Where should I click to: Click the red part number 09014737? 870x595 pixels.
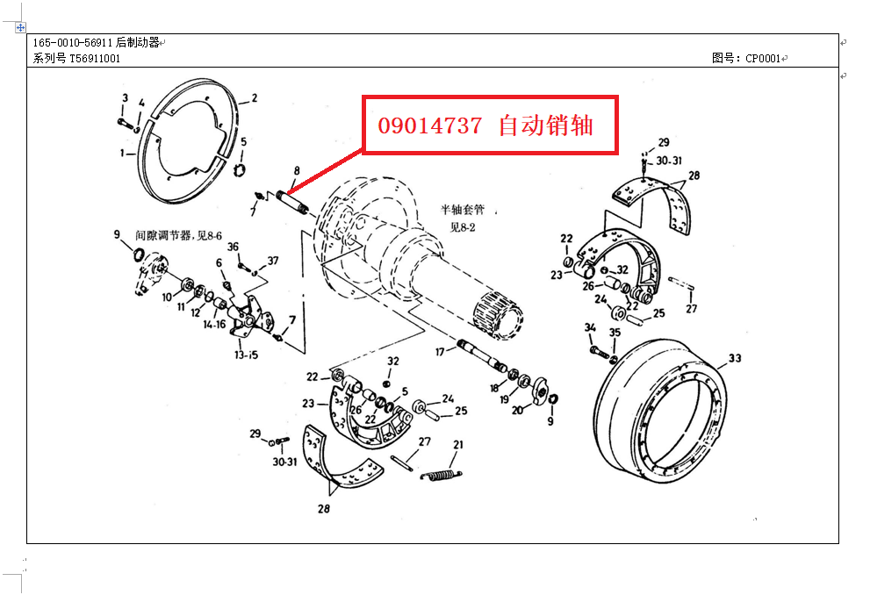click(x=430, y=126)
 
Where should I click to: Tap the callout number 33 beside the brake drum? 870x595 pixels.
click(x=735, y=358)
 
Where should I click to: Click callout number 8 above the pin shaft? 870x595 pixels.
click(x=297, y=170)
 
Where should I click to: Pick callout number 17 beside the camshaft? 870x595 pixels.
click(x=439, y=352)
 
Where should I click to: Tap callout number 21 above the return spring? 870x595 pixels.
click(x=457, y=445)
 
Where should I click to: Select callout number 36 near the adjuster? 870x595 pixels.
click(x=234, y=247)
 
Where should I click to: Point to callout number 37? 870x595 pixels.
click(x=273, y=261)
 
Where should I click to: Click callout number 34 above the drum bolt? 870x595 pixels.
click(x=590, y=328)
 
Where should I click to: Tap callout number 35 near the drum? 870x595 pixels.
click(x=615, y=333)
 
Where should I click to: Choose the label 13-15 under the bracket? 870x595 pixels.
click(x=246, y=355)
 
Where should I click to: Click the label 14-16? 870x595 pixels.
click(x=215, y=325)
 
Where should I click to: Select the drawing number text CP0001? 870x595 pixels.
click(x=763, y=59)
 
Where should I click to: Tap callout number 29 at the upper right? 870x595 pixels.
click(x=664, y=142)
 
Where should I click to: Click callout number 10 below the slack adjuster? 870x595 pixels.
click(x=167, y=297)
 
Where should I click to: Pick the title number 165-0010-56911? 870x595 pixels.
click(x=73, y=43)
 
